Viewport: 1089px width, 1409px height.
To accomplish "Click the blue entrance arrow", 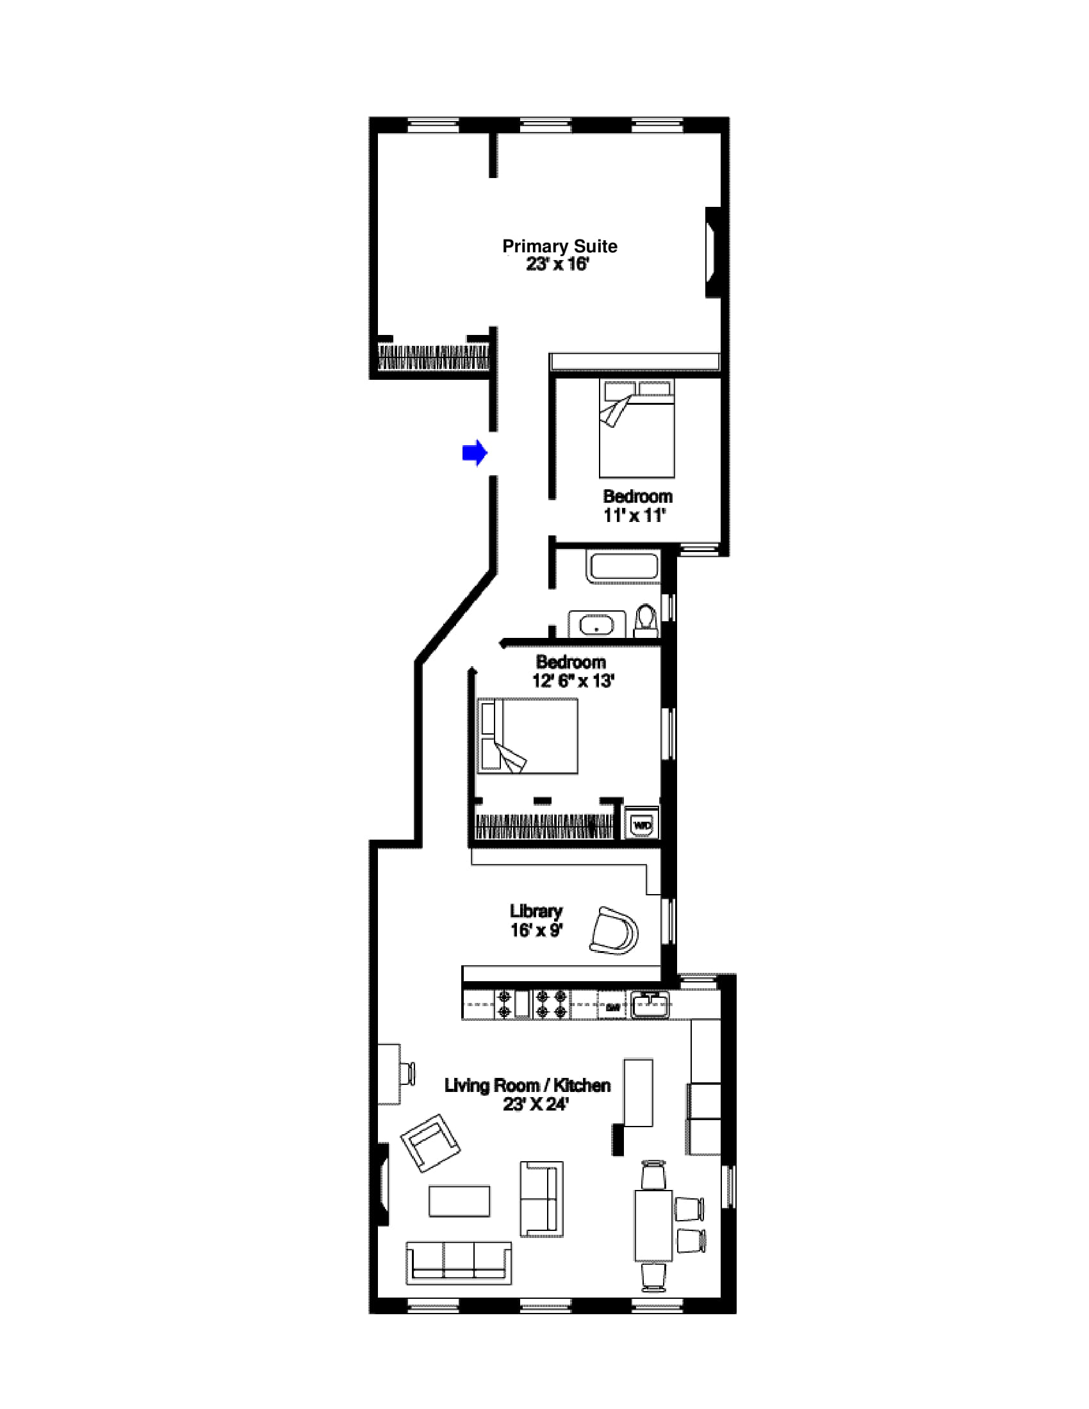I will (x=474, y=453).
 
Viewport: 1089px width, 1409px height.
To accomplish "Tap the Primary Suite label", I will (x=559, y=247).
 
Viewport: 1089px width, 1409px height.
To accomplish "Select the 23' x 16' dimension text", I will (x=557, y=265).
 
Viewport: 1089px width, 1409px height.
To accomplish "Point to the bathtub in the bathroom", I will (x=623, y=566).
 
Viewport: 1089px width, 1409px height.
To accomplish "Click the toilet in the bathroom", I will (x=645, y=621).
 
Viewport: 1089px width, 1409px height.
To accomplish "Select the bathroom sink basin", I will (x=597, y=624).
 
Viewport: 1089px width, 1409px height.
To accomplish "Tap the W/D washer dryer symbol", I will (x=642, y=824).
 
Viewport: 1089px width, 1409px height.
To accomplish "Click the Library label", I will (x=536, y=910).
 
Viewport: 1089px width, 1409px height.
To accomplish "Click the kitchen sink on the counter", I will (x=650, y=1005).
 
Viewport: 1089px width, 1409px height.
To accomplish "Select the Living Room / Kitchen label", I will (x=527, y=1085).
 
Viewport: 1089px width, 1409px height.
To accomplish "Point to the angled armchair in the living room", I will (x=430, y=1143).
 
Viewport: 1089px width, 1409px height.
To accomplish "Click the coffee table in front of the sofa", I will (x=459, y=1201).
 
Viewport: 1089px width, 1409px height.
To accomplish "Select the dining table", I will (x=653, y=1226).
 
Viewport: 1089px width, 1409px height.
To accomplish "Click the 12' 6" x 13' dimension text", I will (x=573, y=681).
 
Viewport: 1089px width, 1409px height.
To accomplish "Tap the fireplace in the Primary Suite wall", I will (x=712, y=252).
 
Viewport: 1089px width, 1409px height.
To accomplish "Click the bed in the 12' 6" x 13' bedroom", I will (x=528, y=735).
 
